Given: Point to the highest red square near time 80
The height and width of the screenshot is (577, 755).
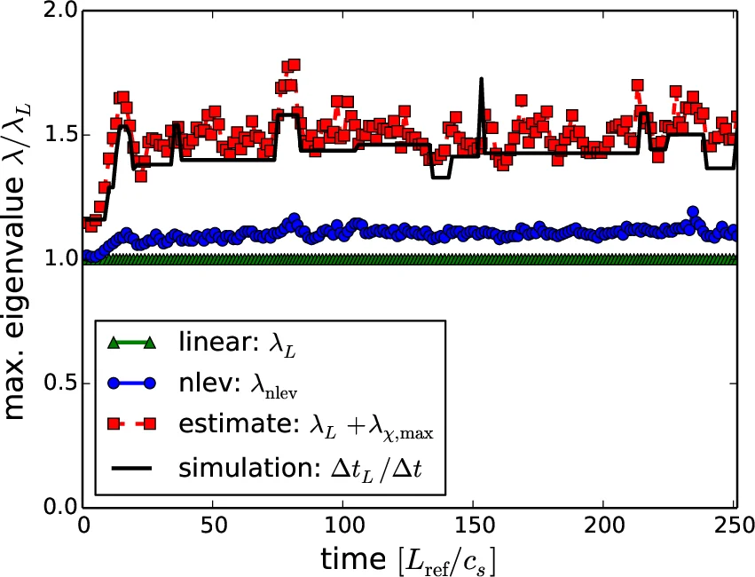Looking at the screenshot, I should click(x=294, y=65).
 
